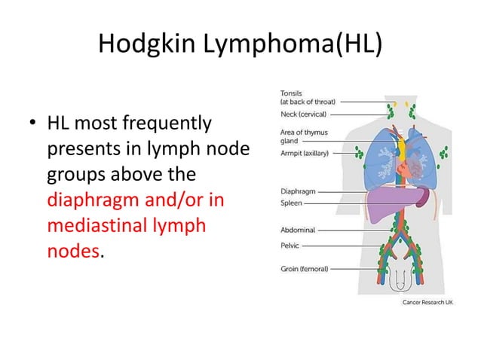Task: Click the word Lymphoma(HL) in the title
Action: [291, 46]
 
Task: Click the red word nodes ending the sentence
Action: [72, 252]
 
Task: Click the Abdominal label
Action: [297, 229]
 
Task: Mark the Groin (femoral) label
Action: [304, 268]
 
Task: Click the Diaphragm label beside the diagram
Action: [297, 191]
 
